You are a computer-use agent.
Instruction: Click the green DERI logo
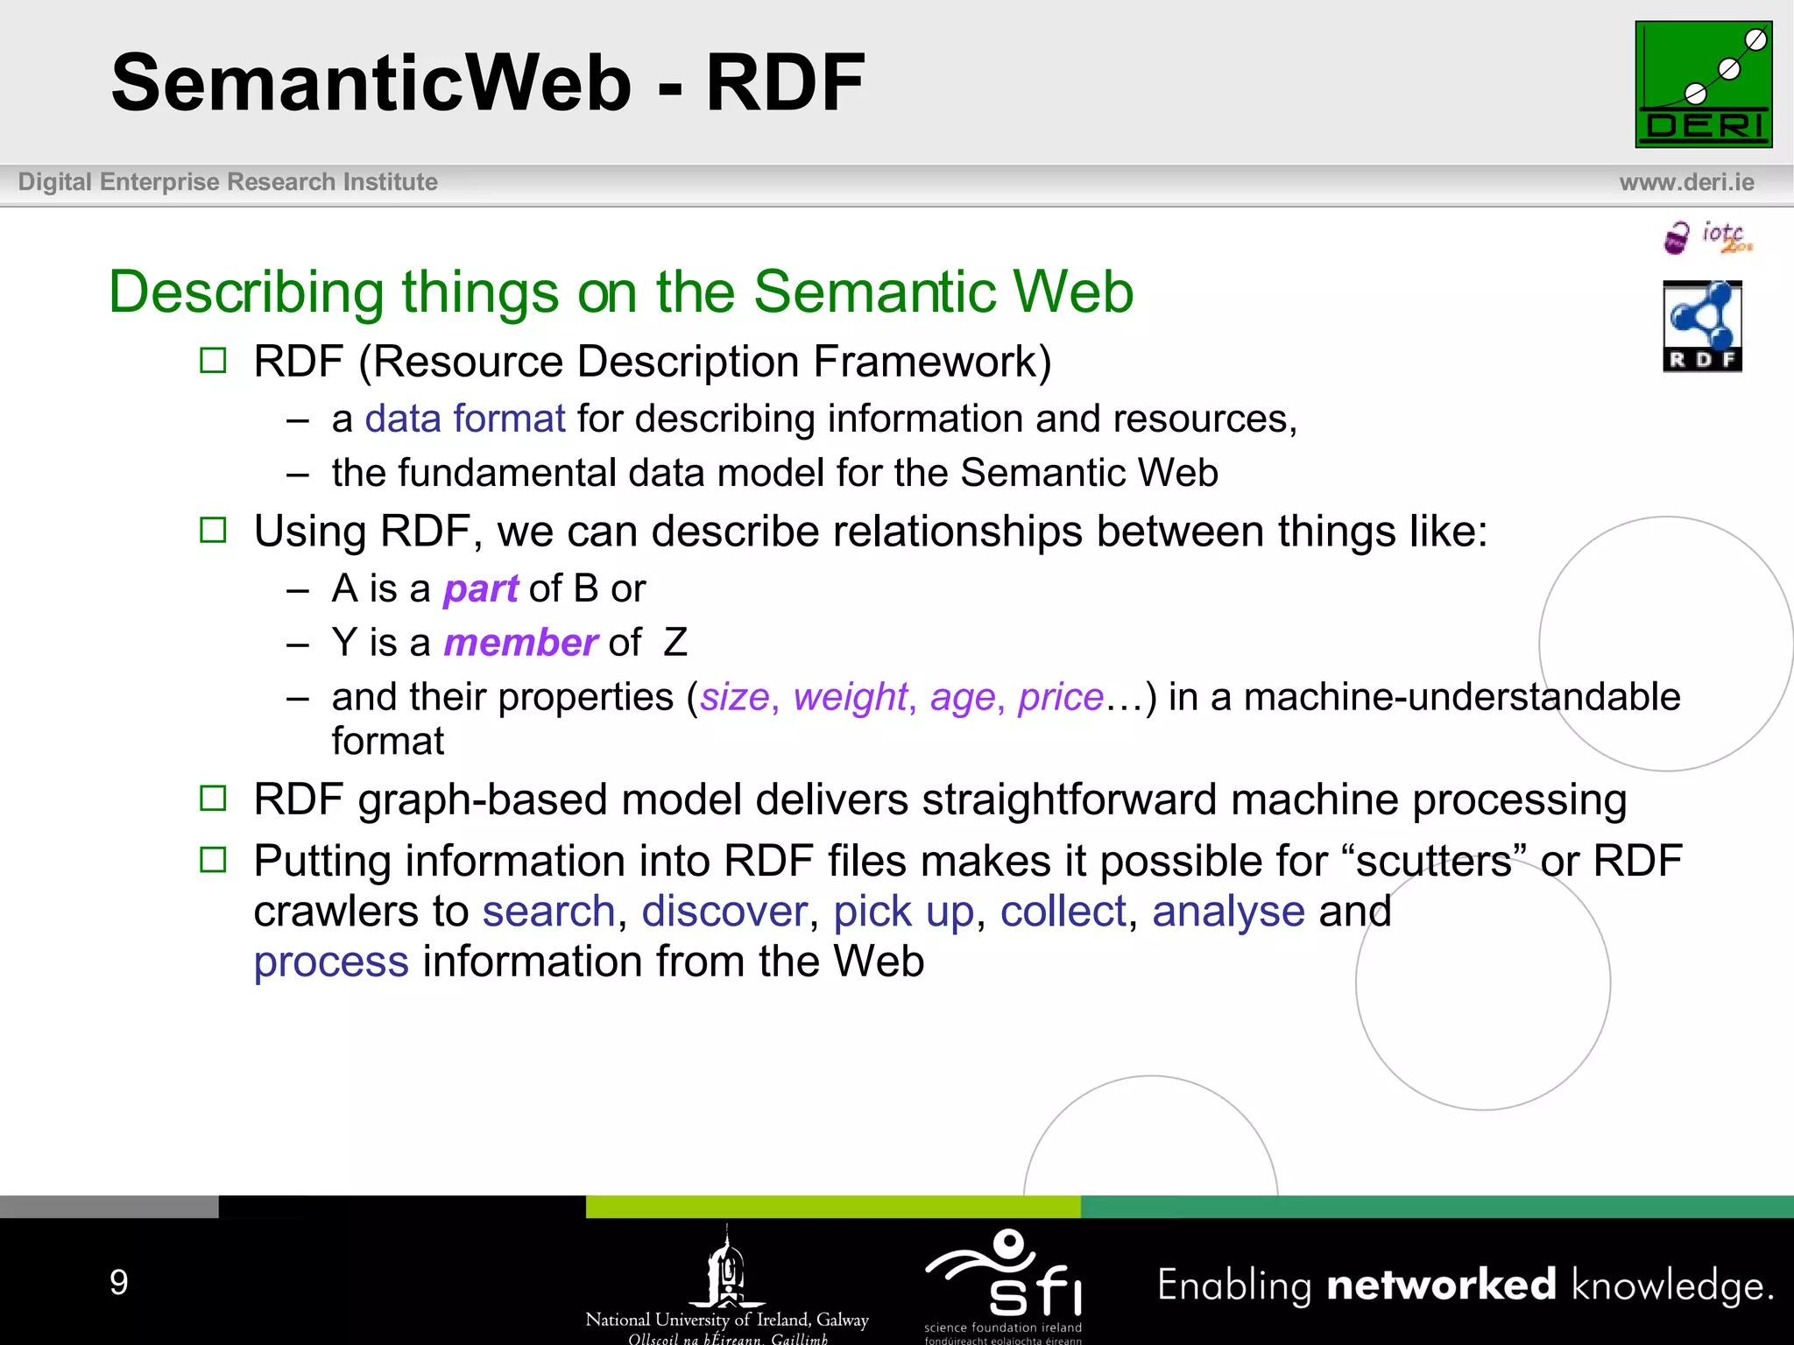[1703, 84]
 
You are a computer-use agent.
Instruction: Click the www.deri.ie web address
[1686, 182]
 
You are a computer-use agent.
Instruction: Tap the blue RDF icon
[1702, 326]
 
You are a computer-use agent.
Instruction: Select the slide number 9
[119, 1282]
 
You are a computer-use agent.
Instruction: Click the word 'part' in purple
[481, 589]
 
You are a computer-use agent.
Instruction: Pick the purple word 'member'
[521, 644]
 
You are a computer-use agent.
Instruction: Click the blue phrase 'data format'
[465, 419]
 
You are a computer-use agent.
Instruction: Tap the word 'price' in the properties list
[1060, 698]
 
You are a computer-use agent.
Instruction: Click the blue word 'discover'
[724, 912]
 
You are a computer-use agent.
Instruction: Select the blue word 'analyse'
[1228, 912]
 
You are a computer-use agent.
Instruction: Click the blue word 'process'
[331, 962]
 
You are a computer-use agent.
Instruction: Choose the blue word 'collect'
[1063, 912]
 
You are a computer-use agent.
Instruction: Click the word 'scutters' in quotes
[1433, 861]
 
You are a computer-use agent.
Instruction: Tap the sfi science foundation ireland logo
[1004, 1280]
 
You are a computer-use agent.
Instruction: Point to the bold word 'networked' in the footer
[1442, 1285]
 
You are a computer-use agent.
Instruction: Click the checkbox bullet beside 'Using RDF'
[213, 530]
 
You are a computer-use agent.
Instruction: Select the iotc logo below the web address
[1707, 237]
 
